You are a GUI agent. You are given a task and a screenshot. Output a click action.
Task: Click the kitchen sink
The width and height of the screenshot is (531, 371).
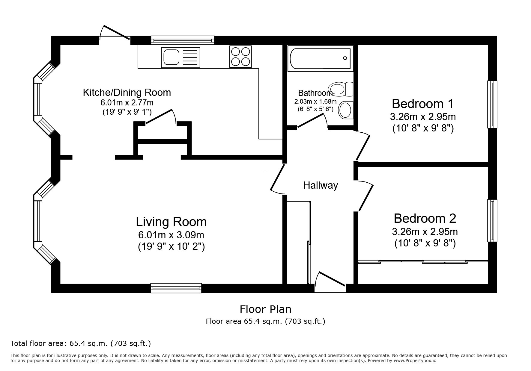coord(180,57)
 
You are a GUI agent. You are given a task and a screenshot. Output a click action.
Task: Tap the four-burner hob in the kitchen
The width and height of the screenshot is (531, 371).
coord(240,56)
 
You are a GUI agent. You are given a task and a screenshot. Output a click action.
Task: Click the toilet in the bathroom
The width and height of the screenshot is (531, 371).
coord(341,89)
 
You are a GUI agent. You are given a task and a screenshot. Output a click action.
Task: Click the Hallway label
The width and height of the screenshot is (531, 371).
coord(321,185)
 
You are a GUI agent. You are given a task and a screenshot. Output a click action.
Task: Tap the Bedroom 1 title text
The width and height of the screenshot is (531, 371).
coord(423,104)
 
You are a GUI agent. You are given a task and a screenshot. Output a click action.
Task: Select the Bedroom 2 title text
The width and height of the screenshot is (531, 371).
coord(425,218)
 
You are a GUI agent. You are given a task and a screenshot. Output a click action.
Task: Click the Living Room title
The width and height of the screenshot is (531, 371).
coord(171,222)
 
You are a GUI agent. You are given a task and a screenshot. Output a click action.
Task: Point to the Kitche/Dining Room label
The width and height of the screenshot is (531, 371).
coord(127,92)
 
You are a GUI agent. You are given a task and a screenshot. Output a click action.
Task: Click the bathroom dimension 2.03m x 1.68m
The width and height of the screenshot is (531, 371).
coord(315,102)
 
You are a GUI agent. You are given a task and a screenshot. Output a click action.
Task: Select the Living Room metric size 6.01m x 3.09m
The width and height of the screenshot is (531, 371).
coord(171,235)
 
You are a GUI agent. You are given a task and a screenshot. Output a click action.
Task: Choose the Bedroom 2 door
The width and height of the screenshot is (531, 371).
coord(366,196)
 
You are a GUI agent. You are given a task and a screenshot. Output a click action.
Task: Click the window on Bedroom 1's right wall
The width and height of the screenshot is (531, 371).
coord(492,104)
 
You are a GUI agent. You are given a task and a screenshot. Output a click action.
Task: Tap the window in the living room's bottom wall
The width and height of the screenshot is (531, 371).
coord(176,288)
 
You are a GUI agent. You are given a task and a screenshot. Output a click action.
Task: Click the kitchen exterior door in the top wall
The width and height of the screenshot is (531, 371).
coord(115,33)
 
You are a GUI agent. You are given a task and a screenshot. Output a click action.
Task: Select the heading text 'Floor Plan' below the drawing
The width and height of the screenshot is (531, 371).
coord(265,309)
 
